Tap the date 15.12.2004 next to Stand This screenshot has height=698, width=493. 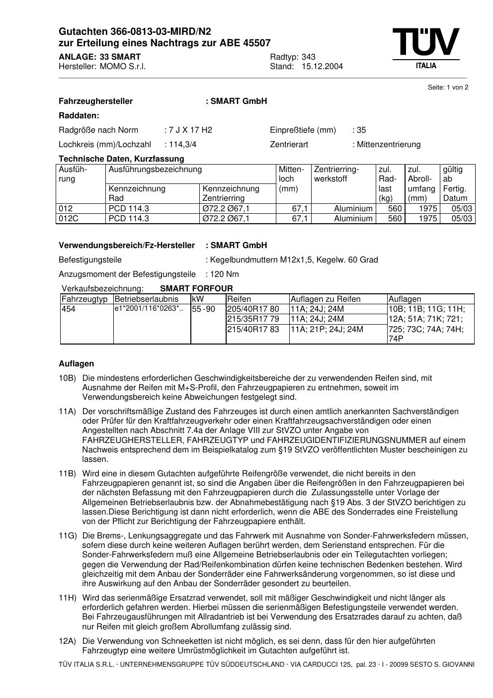pos(322,66)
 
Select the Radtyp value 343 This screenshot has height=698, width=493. pos(309,57)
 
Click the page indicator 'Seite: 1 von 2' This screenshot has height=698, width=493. pos(448,87)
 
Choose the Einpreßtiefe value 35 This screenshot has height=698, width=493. pos(361,130)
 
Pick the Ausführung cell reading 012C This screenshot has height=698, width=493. pos(69,219)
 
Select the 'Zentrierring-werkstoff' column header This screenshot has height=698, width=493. pos(336,174)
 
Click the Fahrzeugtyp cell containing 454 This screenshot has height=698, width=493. pos(69,309)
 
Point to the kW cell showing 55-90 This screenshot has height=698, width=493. pos(204,309)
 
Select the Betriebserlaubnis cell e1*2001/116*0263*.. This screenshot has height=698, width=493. pos(149,309)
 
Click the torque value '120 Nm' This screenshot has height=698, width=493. pos(225,274)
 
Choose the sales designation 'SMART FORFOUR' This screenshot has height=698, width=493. pos(196,288)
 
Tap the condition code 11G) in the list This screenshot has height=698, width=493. pos(68,535)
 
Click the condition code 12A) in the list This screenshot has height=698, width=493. pos(68,641)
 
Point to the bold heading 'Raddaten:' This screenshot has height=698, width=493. pos(79,116)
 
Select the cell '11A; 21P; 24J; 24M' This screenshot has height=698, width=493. pos(327,329)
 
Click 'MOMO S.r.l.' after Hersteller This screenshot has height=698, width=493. pos(123,66)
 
